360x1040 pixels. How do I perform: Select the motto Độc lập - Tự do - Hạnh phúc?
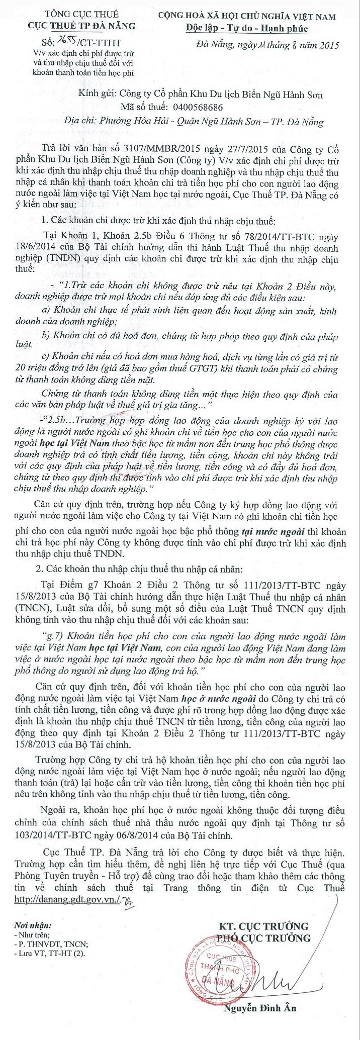pyautogui.click(x=246, y=29)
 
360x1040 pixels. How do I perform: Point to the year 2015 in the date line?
pyautogui.click(x=328, y=46)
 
